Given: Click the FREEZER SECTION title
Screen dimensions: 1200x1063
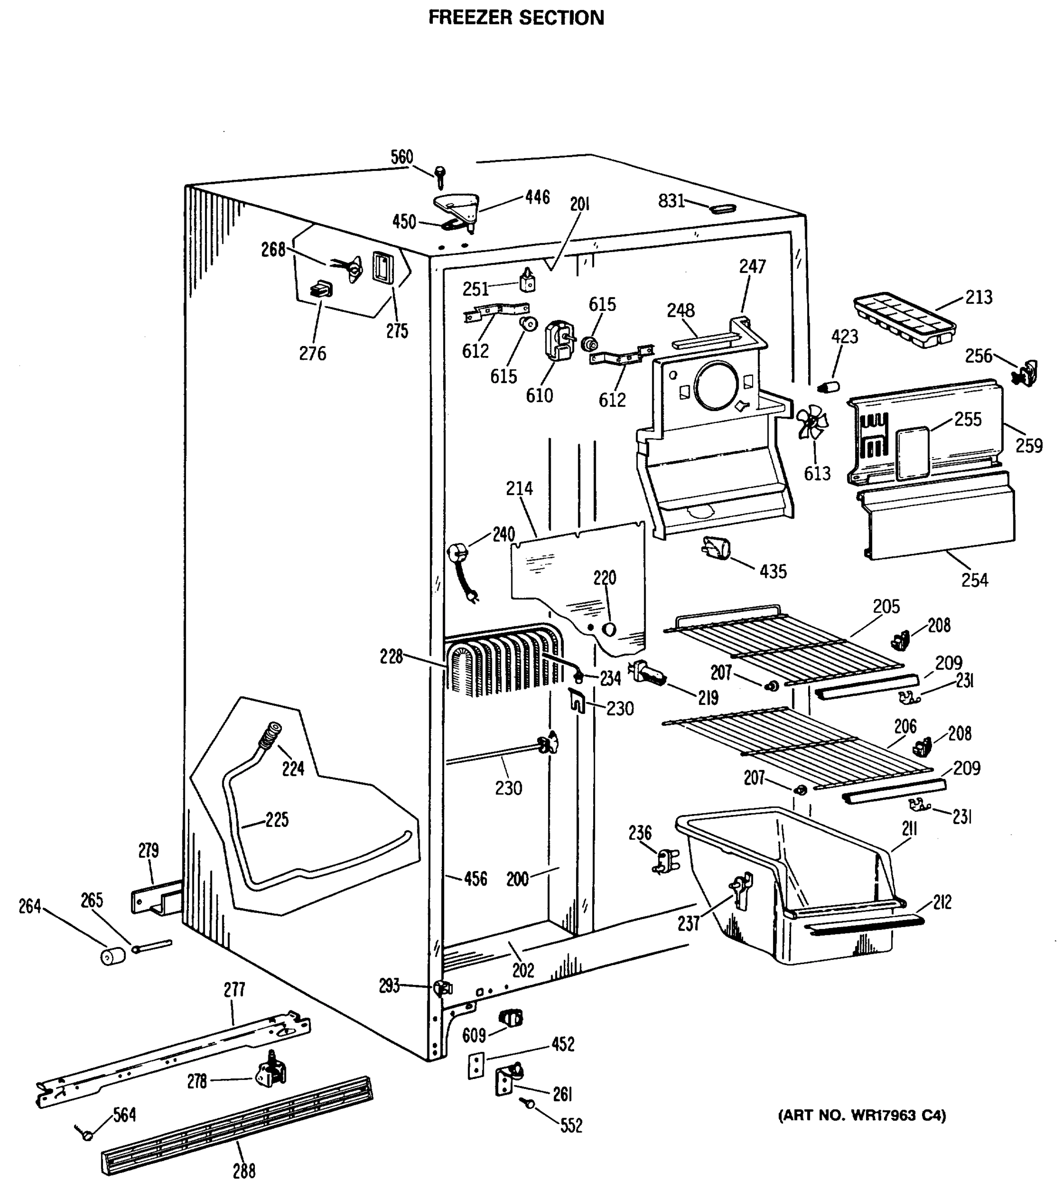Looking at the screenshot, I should pyautogui.click(x=516, y=17).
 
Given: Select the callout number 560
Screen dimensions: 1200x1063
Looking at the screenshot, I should pyautogui.click(x=402, y=157).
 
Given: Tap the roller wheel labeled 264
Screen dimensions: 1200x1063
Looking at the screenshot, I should pyautogui.click(x=113, y=956).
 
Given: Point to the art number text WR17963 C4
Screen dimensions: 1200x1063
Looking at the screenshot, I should pyautogui.click(x=862, y=1115).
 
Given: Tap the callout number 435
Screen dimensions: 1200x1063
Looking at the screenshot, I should pyautogui.click(x=773, y=571).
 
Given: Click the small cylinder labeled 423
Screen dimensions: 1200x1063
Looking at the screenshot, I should pyautogui.click(x=828, y=387).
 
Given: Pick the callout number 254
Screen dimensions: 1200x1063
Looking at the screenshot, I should pyautogui.click(x=975, y=580).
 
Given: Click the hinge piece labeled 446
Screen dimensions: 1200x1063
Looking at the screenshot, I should pyautogui.click(x=457, y=206).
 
